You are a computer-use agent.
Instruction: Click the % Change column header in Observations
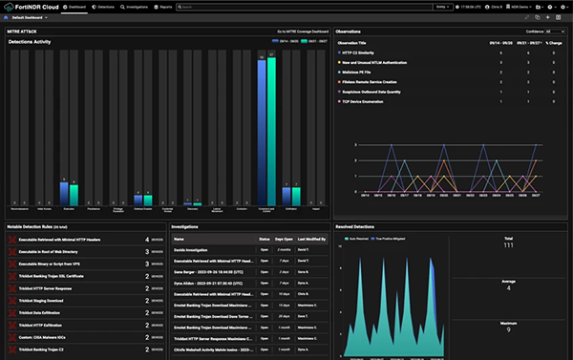552,43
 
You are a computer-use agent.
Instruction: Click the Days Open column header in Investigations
283,238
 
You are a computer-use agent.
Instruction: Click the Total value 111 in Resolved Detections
508,245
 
